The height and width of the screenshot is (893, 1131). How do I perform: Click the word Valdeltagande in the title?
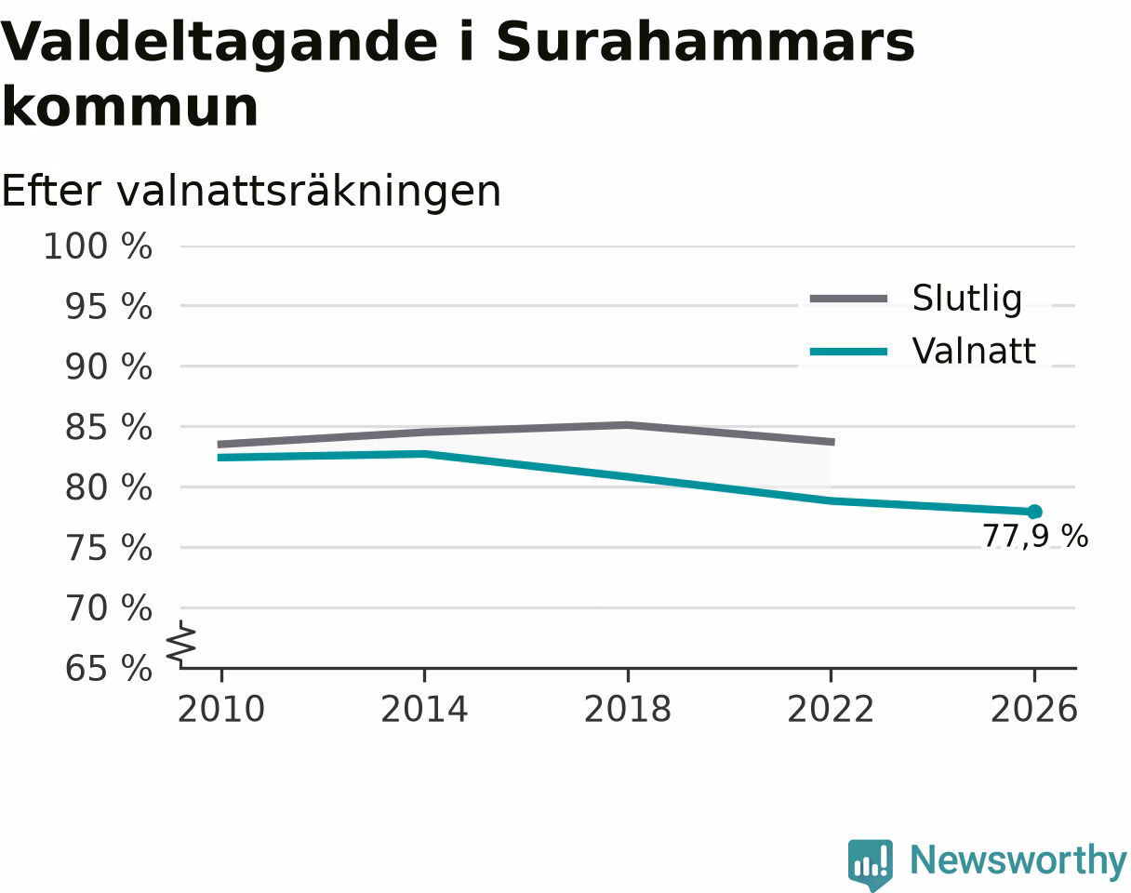coord(220,44)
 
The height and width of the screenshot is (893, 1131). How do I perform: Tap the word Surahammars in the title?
coord(705,42)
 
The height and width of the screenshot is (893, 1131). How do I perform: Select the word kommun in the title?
coord(129,107)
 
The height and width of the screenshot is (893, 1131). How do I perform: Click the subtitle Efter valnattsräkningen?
coord(251,191)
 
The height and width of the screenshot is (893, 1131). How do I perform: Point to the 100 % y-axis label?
coord(98,246)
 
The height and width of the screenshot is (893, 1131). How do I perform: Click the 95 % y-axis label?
coord(109,306)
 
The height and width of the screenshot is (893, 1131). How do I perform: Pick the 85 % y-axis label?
coord(109,427)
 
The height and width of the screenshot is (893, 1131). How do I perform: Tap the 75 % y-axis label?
coord(109,548)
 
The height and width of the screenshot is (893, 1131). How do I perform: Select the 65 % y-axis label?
coord(109,669)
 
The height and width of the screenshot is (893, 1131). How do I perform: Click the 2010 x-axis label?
coord(221,710)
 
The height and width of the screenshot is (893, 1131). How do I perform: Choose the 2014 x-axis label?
coord(424,710)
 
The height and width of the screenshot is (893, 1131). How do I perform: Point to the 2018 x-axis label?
coord(628,710)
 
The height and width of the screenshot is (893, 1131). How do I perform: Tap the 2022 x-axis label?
coord(831,710)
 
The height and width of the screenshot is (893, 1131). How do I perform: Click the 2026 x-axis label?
coord(1033,710)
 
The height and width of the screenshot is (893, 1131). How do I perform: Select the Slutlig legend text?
coord(967,300)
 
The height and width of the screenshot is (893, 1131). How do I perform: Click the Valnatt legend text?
coord(974,351)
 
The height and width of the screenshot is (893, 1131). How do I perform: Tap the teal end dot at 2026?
coord(1034,512)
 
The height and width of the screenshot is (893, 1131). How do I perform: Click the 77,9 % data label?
coord(1035,536)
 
